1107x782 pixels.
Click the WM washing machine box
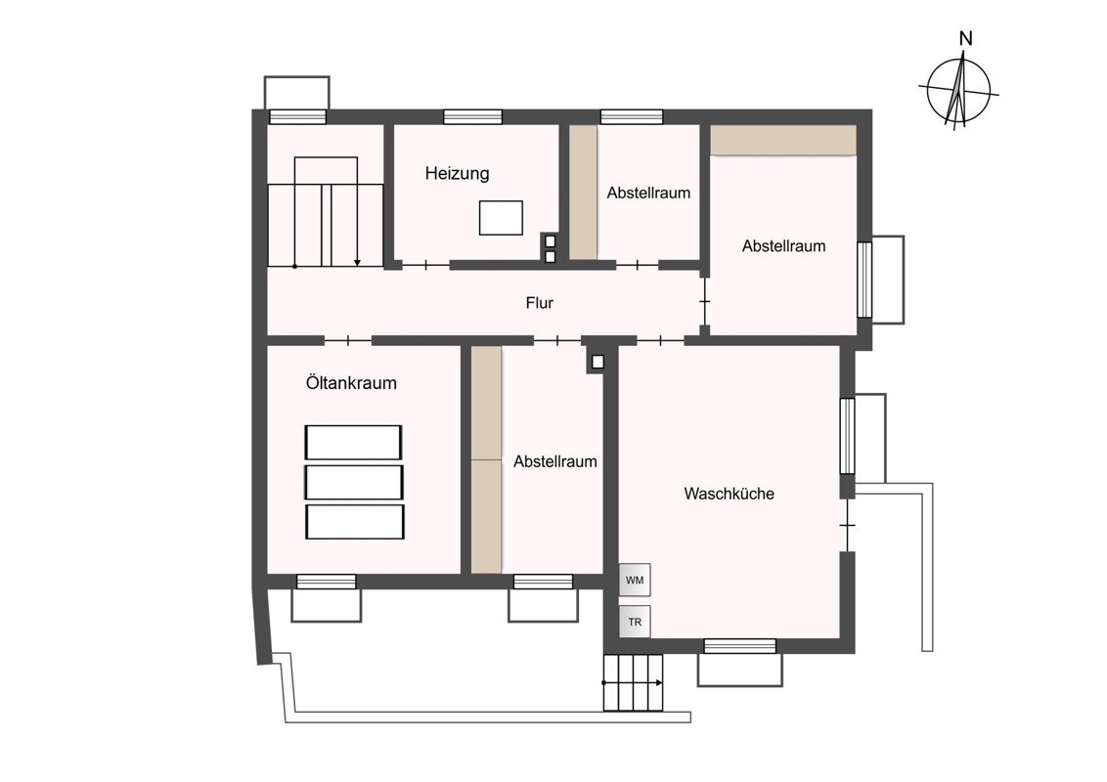pos(635,581)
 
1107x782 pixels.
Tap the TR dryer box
pos(635,622)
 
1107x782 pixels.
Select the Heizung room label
pos(457,174)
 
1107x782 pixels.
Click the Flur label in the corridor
pos(540,303)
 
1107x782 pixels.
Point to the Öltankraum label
pos(351,382)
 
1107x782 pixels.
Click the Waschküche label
pos(729,494)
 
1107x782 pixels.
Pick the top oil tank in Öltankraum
pos(353,443)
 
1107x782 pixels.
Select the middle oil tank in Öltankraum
pos(354,482)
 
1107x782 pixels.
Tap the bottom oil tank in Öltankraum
pos(354,522)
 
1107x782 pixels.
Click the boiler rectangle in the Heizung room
pos(501,217)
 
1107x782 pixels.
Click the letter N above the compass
pos(965,39)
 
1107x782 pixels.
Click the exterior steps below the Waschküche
pos(634,682)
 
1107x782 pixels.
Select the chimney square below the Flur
pos(598,362)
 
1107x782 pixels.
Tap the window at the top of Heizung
pos(472,116)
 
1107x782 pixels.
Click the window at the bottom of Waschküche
pos(740,646)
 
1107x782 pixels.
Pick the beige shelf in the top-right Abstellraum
pos(783,140)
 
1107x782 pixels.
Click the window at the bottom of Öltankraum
pos(327,582)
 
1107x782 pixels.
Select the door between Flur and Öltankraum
pos(348,341)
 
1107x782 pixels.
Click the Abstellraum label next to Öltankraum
pos(554,461)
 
